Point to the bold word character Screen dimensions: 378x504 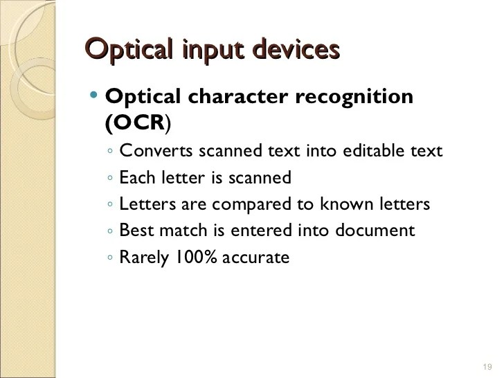[x=230, y=96]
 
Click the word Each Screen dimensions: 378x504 [x=135, y=178]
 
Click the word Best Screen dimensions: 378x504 [x=134, y=231]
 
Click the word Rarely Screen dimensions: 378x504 [x=144, y=258]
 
